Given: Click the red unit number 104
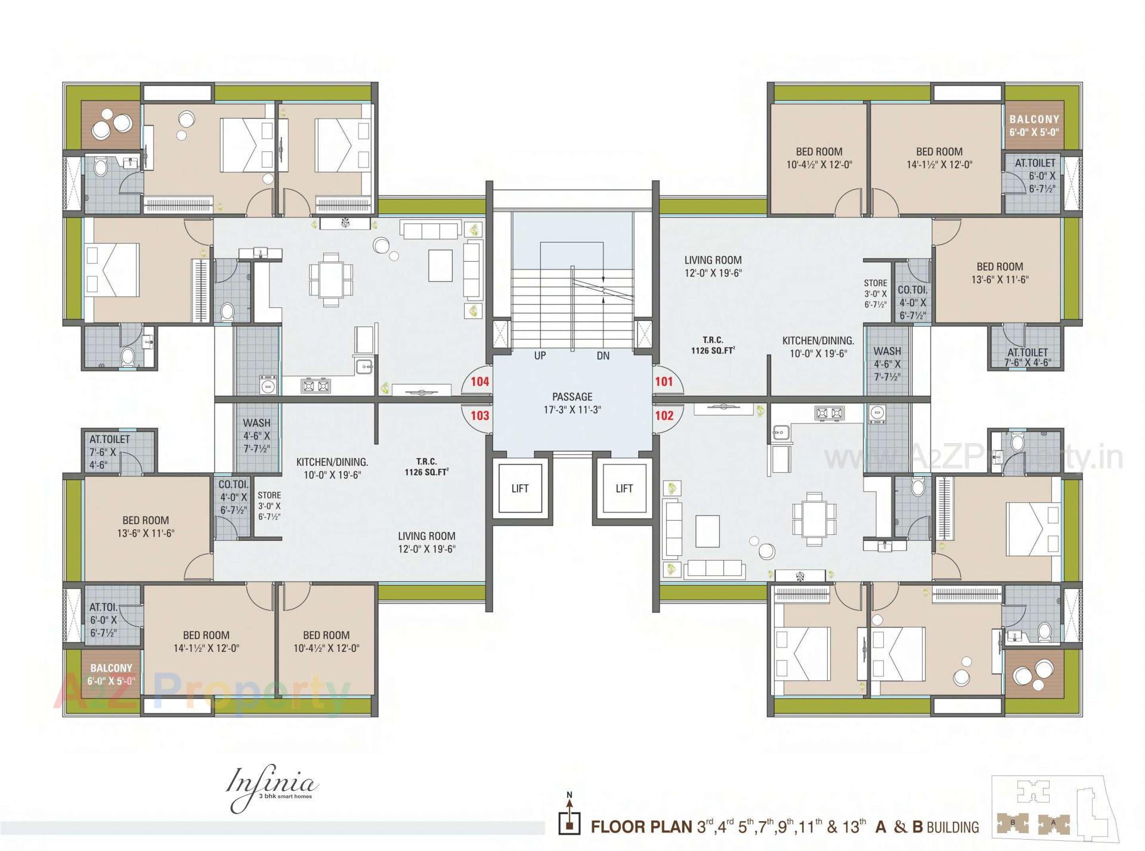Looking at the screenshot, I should coord(480,382).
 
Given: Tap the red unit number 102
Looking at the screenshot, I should coord(664,416).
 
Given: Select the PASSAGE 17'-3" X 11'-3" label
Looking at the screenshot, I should coord(572,403).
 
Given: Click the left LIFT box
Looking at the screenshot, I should coord(519,488).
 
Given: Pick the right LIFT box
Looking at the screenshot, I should coord(624,488).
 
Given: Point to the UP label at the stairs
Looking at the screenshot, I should coord(540,355).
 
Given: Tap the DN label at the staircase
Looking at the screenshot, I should coord(603,355).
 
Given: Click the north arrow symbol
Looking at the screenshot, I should coord(570,818).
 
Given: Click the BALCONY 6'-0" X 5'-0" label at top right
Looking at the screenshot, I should coord(1034,125).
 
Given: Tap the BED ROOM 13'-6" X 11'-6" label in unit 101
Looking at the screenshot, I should coord(999,273).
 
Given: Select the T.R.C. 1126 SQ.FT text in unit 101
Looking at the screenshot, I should coord(713,345).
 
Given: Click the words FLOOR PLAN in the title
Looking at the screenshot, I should coord(642,827).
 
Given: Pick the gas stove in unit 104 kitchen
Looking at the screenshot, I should coord(315,386).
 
